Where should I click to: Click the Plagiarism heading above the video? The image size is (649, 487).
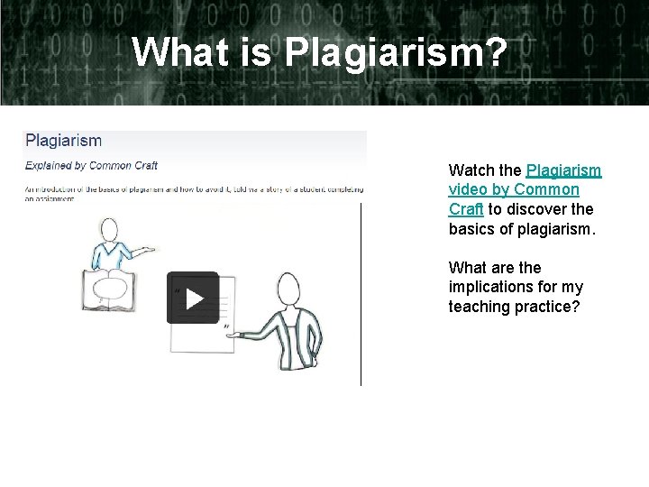63,141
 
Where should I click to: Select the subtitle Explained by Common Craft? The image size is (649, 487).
91,165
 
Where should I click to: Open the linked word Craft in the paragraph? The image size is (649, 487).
466,209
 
